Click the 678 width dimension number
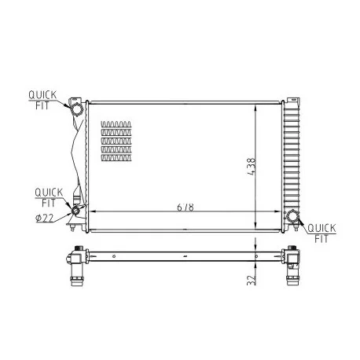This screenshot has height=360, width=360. tap(186, 207)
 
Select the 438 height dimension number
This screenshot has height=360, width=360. tap(251, 167)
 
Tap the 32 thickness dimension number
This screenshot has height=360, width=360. tap(251, 280)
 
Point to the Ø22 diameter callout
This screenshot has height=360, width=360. tap(45, 218)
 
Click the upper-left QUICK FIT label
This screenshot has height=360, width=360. tap(42, 100)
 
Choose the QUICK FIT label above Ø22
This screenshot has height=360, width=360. tap(49, 197)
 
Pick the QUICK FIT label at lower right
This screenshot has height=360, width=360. tap(321, 233)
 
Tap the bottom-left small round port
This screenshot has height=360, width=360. tap(76, 210)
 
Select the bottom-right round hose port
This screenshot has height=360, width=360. tap(292, 216)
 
